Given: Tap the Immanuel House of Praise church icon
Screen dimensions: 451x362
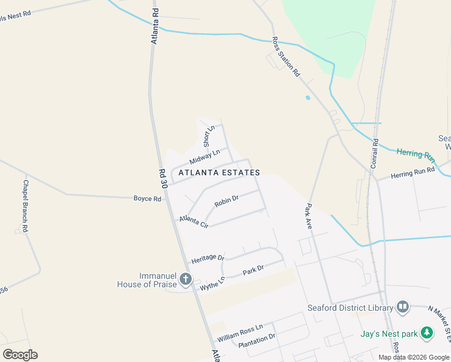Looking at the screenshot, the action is pyautogui.click(x=186, y=279).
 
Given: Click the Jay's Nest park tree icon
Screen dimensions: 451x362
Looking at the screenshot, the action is pyautogui.click(x=427, y=332).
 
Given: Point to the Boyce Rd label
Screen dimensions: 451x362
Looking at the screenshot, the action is pyautogui.click(x=148, y=198).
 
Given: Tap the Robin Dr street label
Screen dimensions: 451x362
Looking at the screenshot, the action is pyautogui.click(x=227, y=200).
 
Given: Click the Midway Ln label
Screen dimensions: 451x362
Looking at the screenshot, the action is pyautogui.click(x=201, y=158).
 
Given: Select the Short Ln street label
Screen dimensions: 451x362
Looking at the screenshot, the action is pyautogui.click(x=209, y=136).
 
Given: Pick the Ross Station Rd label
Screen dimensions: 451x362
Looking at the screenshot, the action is pyautogui.click(x=285, y=56).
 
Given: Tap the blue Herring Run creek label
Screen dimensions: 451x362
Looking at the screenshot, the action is pyautogui.click(x=415, y=154).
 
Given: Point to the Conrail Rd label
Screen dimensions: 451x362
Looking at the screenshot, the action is pyautogui.click(x=374, y=154).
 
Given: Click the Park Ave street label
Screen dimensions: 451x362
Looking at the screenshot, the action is pyautogui.click(x=307, y=216).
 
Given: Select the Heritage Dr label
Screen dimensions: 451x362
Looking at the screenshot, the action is pyautogui.click(x=207, y=258).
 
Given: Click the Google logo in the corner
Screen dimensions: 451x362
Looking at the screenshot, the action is pyautogui.click(x=20, y=354).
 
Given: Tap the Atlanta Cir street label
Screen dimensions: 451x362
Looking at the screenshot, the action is pyautogui.click(x=194, y=221).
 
